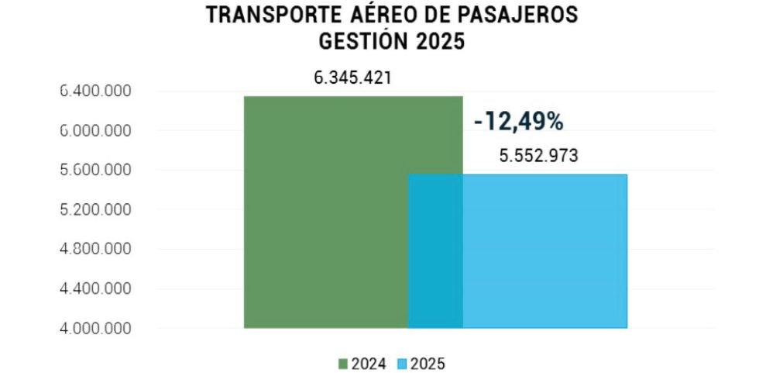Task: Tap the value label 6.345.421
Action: click(x=353, y=78)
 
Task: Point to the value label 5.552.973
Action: click(x=538, y=156)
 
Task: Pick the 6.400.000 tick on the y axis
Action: click(x=95, y=92)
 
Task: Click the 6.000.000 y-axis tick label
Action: click(x=95, y=131)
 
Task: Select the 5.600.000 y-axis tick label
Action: click(x=95, y=171)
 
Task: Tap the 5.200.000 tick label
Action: click(x=95, y=210)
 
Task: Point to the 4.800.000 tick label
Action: click(x=95, y=250)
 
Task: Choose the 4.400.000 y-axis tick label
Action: click(x=95, y=289)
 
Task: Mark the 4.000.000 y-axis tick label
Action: click(x=95, y=329)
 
